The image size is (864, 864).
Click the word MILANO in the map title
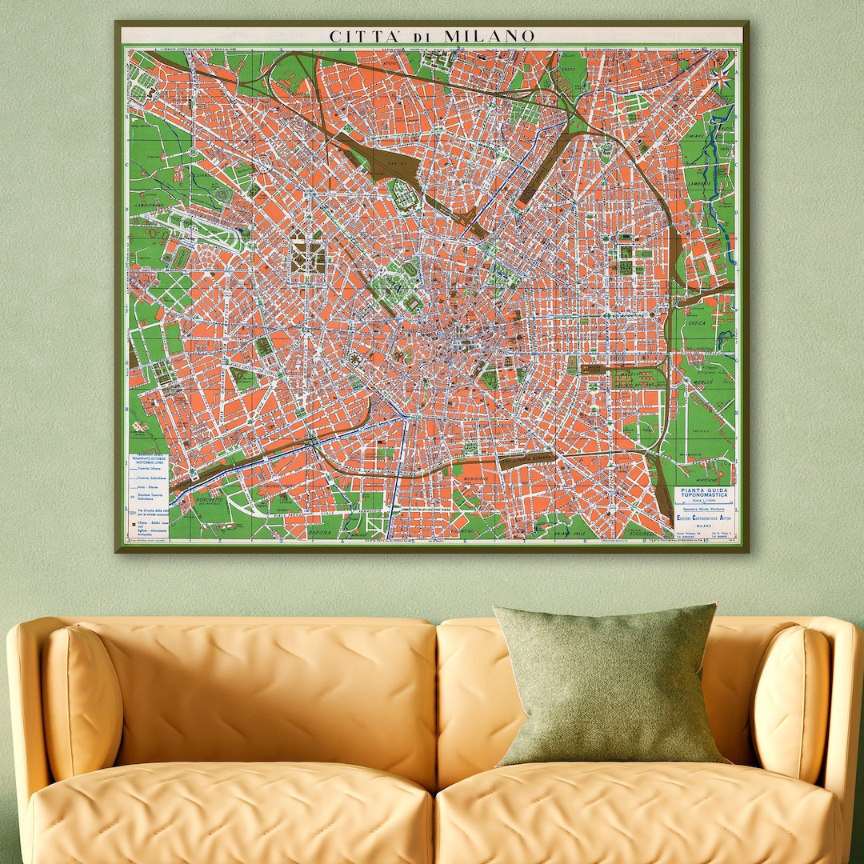(x=490, y=36)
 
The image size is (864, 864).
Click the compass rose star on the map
(x=720, y=77)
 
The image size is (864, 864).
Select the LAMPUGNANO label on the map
(x=150, y=205)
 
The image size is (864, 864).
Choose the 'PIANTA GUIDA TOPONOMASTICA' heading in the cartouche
(x=703, y=493)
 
